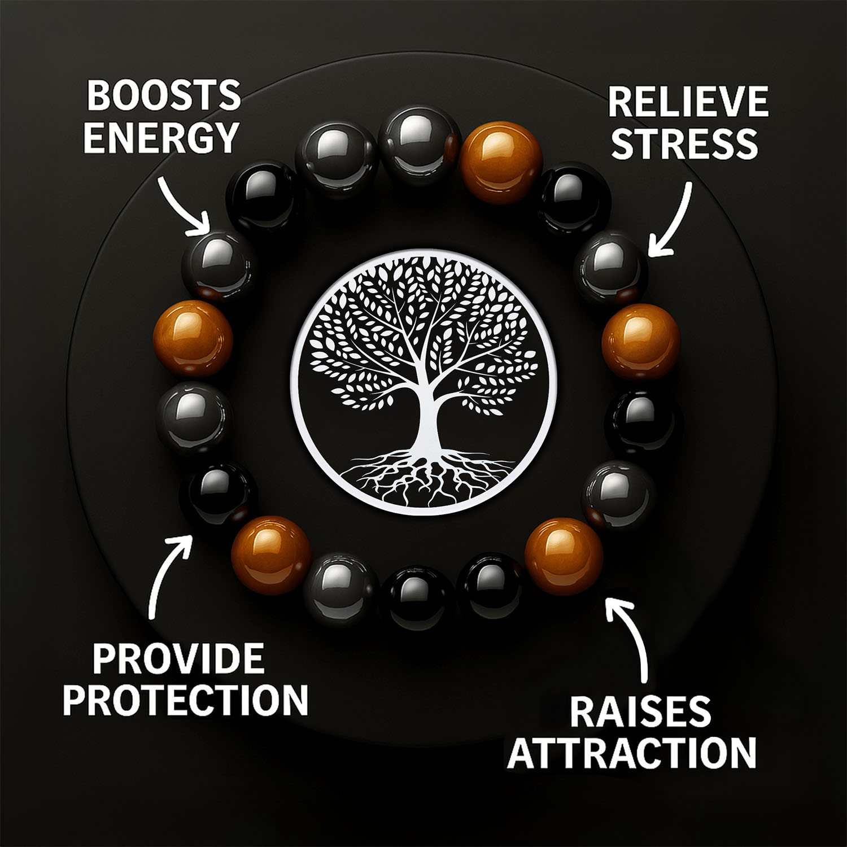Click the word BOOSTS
pos(163,95)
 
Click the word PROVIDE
pos(178,658)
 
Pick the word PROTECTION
pos(185,700)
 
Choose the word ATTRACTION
pos(632,753)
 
